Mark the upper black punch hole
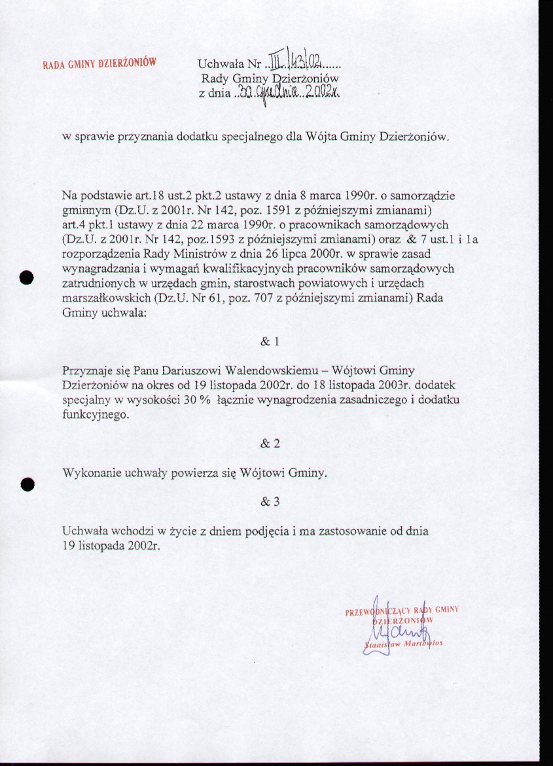(x=26, y=277)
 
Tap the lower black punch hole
(x=26, y=484)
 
